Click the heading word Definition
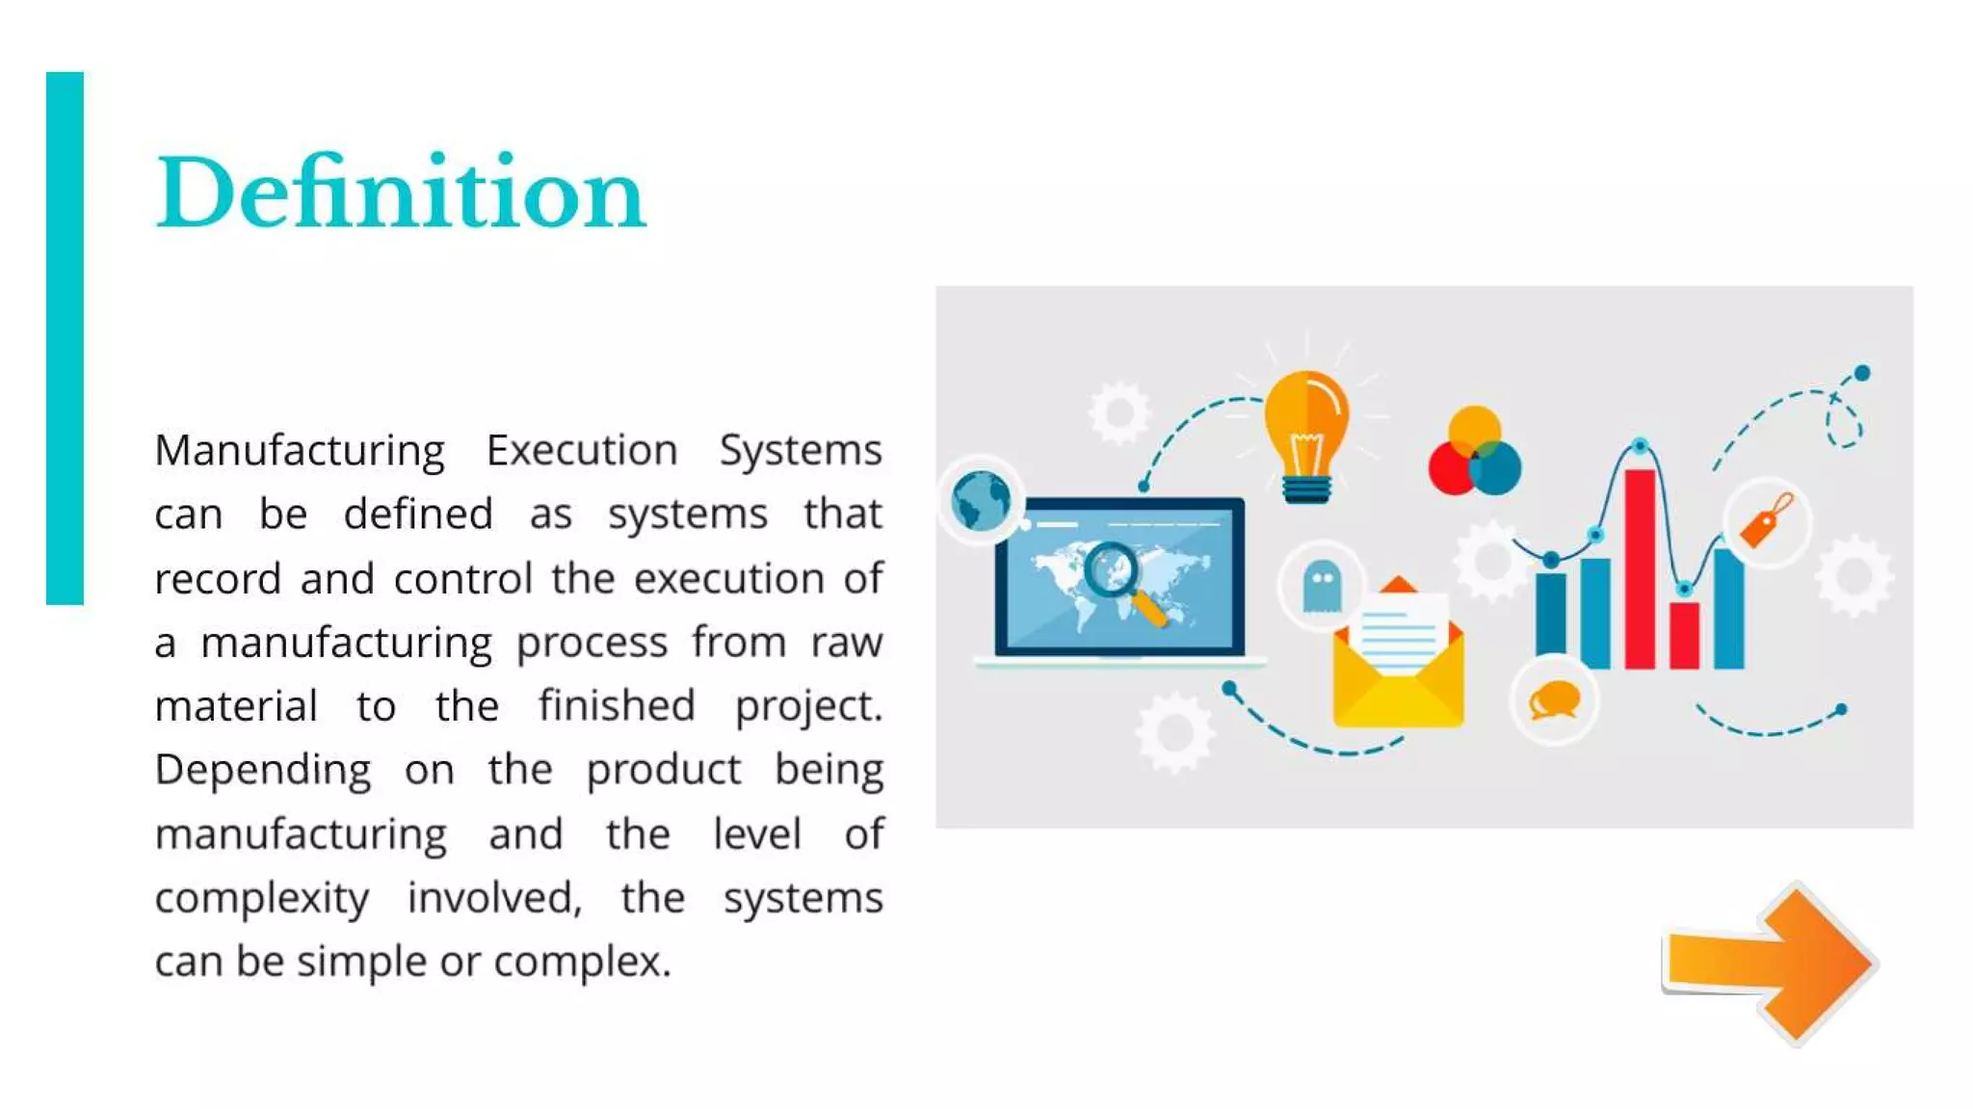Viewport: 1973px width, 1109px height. pyautogui.click(x=400, y=193)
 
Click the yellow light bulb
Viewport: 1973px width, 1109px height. pyautogui.click(x=1306, y=434)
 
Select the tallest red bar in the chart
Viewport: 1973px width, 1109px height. pyautogui.click(x=1640, y=568)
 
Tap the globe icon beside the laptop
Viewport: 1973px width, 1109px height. pyautogui.click(x=981, y=501)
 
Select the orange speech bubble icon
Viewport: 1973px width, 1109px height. pyautogui.click(x=1554, y=700)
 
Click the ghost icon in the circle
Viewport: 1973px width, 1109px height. pyautogui.click(x=1321, y=586)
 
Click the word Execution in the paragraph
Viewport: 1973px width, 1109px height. pyautogui.click(x=582, y=450)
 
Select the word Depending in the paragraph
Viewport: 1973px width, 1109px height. pyautogui.click(x=263, y=770)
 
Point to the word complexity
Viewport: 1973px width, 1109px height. pyautogui.click(x=261, y=899)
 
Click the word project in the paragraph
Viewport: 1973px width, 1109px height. pyautogui.click(x=807, y=706)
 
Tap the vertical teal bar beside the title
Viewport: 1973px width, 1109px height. pyautogui.click(x=65, y=337)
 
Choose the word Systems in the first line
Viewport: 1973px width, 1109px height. pyautogui.click(x=801, y=450)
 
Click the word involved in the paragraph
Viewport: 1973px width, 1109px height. pyautogui.click(x=494, y=898)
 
